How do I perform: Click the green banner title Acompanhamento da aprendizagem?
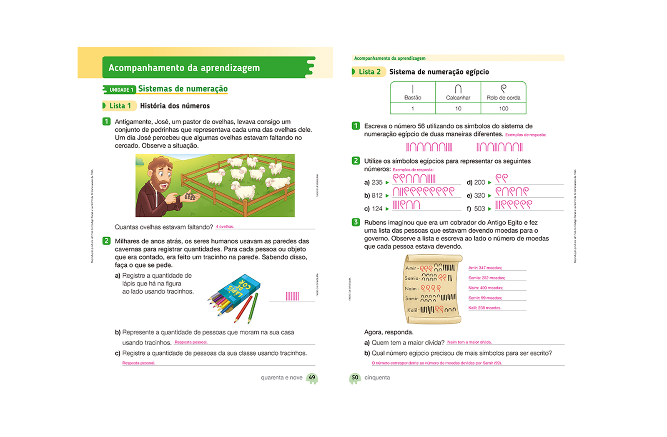(184, 68)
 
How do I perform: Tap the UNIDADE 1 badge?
(120, 90)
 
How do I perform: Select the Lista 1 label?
(120, 106)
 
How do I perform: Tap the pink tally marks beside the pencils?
(292, 296)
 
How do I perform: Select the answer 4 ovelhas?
(225, 226)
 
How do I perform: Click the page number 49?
(312, 377)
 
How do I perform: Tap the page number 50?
(355, 377)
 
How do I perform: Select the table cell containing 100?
(504, 108)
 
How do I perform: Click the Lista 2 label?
(369, 72)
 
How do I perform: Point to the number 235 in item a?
(377, 182)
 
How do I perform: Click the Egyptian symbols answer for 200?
(502, 178)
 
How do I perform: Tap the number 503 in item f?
(479, 208)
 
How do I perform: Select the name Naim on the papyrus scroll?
(411, 289)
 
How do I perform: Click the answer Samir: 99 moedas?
(485, 298)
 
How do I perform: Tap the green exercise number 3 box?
(356, 222)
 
